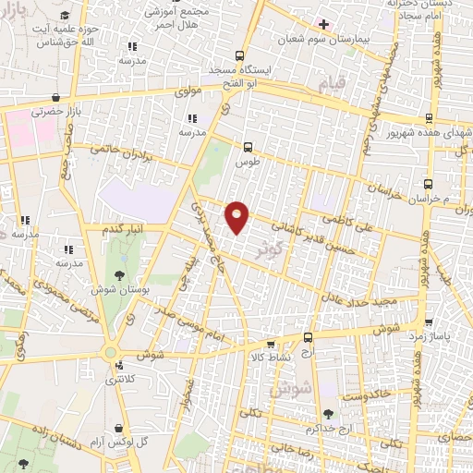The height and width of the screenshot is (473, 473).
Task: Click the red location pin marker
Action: (237, 216)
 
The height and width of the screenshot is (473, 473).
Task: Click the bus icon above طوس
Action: (247, 146)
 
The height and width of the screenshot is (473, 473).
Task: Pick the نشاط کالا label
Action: (271, 356)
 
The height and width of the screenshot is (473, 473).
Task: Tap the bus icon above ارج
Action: (308, 338)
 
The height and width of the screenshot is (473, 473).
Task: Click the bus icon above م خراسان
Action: (428, 184)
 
